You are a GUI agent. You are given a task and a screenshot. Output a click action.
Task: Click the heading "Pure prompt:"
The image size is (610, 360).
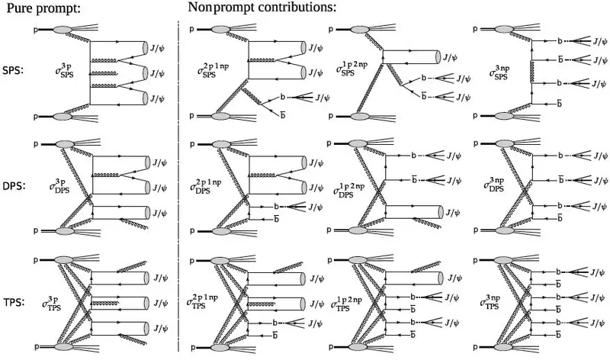tap(43, 8)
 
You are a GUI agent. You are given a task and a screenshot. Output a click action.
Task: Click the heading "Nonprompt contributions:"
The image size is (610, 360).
tap(262, 8)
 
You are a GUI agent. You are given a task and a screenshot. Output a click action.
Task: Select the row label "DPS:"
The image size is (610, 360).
tap(14, 186)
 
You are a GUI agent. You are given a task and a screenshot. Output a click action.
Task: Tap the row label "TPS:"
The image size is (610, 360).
tap(14, 302)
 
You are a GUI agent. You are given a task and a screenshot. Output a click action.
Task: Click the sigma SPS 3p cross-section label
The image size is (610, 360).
tap(64, 71)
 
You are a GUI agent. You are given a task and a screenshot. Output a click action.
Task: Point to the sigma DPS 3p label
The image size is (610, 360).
tap(59, 186)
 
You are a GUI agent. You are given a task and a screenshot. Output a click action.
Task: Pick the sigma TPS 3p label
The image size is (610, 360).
tap(52, 303)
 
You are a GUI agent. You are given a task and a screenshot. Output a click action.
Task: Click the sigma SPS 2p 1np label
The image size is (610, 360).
tap(213, 70)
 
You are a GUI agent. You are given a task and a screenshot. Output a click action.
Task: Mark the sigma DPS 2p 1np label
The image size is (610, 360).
tap(206, 185)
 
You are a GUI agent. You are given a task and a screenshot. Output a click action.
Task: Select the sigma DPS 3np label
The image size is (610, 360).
tap(494, 185)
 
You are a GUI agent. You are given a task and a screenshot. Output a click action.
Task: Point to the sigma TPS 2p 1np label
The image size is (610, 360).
tap(202, 301)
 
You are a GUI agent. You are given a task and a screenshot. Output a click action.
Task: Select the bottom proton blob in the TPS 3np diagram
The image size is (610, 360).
tap(504, 347)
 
